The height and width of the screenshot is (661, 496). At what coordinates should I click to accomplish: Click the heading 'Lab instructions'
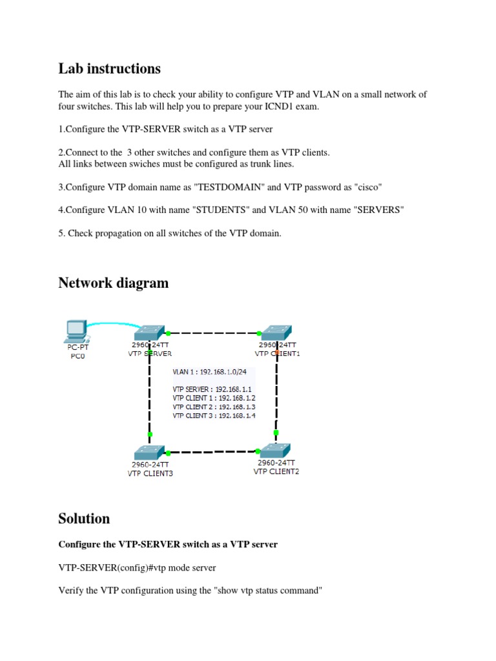109,68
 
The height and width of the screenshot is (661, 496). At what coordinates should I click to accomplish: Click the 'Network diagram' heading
113,283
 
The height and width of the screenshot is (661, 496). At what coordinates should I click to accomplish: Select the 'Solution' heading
84,518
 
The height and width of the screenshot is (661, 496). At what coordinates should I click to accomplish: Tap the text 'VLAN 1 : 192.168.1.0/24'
213,372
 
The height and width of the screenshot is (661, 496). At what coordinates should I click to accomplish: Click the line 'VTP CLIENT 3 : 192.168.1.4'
214,416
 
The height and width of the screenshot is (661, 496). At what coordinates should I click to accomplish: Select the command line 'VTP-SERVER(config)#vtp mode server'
137,568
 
